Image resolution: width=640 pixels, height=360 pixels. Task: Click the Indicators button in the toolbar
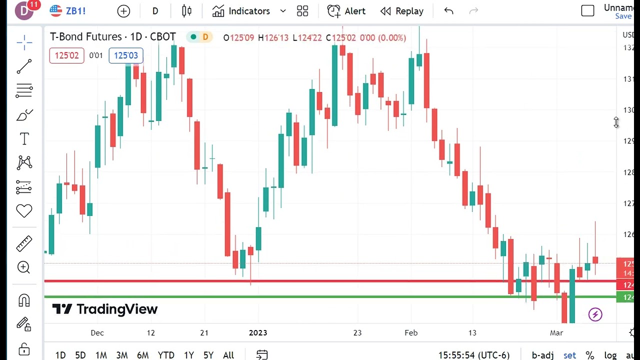click(x=241, y=11)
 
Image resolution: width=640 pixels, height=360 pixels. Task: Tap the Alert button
click(x=346, y=11)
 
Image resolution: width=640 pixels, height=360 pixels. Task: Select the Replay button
click(x=402, y=11)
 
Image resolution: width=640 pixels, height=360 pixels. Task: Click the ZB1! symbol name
click(x=75, y=11)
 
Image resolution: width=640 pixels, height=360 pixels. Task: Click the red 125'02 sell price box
click(x=66, y=55)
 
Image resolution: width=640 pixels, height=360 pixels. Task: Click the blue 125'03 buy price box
click(x=126, y=55)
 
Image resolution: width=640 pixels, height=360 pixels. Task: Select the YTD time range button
click(x=166, y=355)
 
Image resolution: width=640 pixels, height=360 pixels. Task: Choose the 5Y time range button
click(x=208, y=355)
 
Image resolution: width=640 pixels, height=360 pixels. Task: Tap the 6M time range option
click(x=143, y=355)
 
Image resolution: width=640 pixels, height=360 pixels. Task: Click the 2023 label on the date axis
click(x=258, y=333)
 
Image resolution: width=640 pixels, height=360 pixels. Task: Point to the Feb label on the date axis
click(x=411, y=333)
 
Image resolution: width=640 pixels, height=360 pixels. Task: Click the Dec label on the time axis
click(x=97, y=333)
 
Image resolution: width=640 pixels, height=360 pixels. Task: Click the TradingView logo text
click(x=105, y=309)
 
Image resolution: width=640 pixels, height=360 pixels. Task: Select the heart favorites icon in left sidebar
click(x=24, y=211)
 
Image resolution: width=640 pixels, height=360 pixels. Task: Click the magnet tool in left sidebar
click(x=24, y=300)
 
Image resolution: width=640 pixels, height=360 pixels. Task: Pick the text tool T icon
click(x=24, y=139)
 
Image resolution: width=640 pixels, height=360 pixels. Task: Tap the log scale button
click(x=610, y=355)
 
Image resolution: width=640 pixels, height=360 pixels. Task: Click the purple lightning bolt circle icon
click(x=595, y=314)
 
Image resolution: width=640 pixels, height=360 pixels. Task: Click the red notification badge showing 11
click(x=33, y=5)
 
